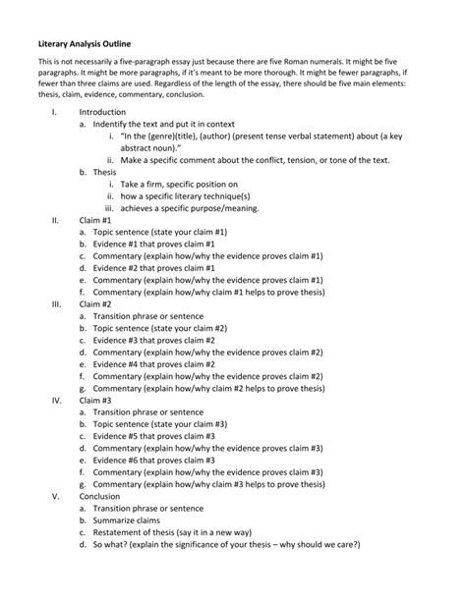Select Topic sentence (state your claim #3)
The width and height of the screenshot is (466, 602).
(167, 424)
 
